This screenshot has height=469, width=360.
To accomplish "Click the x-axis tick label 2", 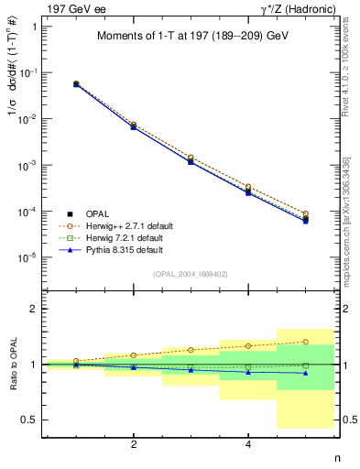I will point(134,444).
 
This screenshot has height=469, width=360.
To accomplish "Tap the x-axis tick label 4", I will point(248,444).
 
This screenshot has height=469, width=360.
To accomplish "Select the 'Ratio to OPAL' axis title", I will point(10,365).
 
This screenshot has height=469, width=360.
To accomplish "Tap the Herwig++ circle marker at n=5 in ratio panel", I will point(305,342).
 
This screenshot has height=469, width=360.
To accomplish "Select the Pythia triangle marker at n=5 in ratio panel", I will point(305,373).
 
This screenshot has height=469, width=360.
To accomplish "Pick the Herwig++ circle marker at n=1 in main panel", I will point(76,83).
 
